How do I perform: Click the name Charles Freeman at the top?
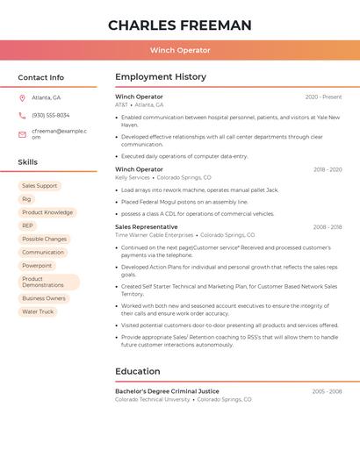click(x=180, y=25)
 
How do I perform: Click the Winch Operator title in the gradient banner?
click(x=180, y=50)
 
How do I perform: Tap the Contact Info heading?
click(x=41, y=77)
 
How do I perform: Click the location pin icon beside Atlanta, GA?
click(x=22, y=97)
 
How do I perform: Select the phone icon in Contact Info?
click(x=22, y=115)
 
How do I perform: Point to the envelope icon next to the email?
click(x=22, y=134)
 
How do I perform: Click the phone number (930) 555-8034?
click(x=50, y=115)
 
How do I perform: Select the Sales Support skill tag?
click(x=40, y=186)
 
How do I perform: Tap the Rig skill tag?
click(x=26, y=199)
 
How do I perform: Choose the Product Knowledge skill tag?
click(x=47, y=212)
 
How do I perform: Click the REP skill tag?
click(x=28, y=225)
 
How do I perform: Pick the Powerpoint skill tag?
click(x=37, y=265)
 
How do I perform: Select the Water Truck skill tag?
click(x=38, y=311)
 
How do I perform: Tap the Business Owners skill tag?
click(x=44, y=298)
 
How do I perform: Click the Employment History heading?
click(x=160, y=77)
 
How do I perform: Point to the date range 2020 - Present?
click(x=323, y=97)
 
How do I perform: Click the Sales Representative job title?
click(x=146, y=226)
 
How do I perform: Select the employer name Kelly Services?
click(x=133, y=177)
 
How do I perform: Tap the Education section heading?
click(x=138, y=371)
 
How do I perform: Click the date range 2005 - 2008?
click(x=327, y=391)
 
